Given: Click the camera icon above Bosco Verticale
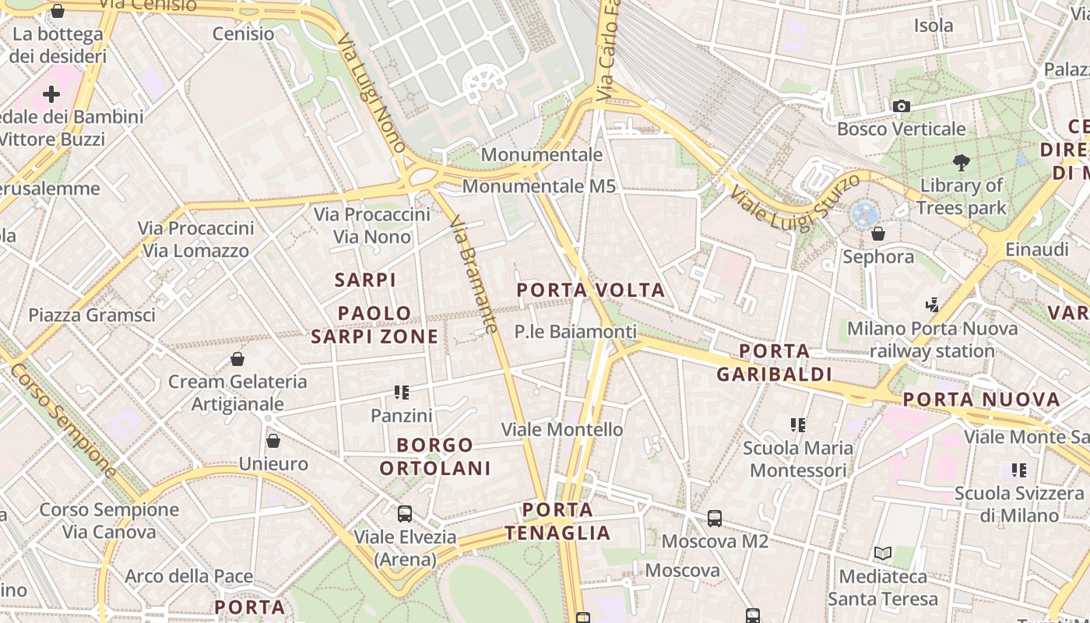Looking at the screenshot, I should (x=902, y=106).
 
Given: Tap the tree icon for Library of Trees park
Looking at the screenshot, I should (x=962, y=163).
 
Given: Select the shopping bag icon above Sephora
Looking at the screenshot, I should (x=878, y=234).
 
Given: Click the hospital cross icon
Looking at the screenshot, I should (x=51, y=95).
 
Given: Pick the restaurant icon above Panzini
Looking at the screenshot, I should (x=402, y=392).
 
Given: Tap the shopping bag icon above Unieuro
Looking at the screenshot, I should (x=273, y=441).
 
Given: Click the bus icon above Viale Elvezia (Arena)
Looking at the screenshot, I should (x=405, y=514).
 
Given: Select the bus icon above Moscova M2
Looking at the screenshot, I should (x=715, y=518).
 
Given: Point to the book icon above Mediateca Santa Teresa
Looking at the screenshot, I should (x=882, y=554).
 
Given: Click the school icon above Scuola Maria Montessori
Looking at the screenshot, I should (x=797, y=425).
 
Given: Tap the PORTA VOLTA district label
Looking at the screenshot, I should (x=591, y=290).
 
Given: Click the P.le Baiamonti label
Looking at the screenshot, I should (x=575, y=332).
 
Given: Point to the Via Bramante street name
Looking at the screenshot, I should (x=473, y=274).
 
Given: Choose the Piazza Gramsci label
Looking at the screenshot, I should (x=92, y=315).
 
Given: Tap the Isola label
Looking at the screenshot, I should (x=934, y=26).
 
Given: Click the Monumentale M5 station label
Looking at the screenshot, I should (x=539, y=186).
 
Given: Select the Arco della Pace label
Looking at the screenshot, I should (x=189, y=576).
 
